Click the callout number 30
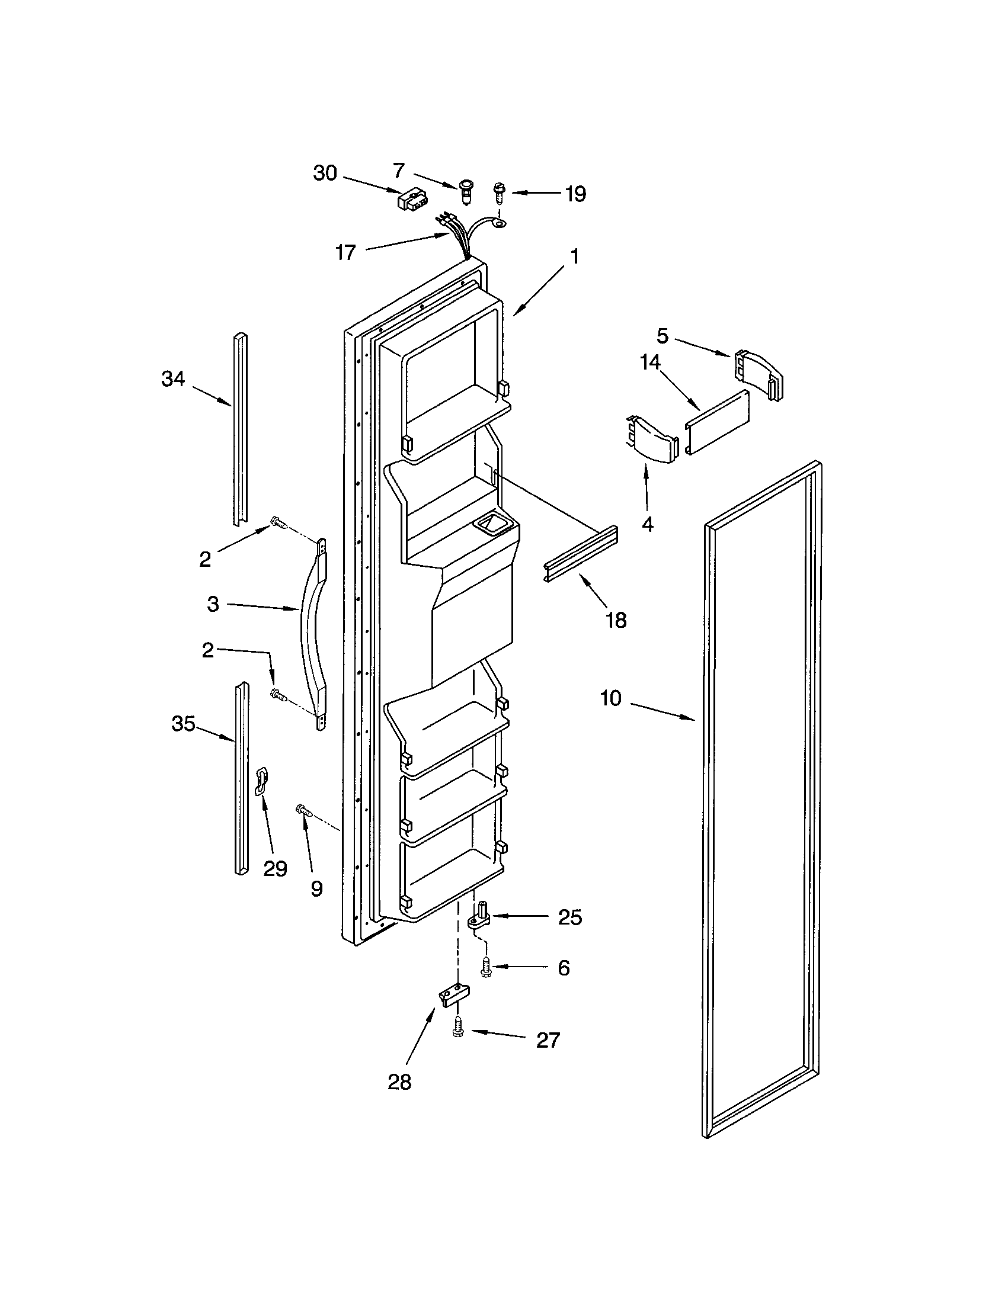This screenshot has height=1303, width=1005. [x=325, y=173]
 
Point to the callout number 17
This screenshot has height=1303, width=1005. [x=345, y=252]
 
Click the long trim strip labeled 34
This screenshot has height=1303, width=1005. [x=240, y=429]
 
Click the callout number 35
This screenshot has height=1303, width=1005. [x=183, y=724]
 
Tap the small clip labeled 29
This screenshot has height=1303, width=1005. [x=261, y=782]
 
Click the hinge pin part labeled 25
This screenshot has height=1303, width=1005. [x=479, y=918]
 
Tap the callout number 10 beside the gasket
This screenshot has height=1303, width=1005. [x=610, y=698]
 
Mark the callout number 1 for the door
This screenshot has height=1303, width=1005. [x=574, y=256]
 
